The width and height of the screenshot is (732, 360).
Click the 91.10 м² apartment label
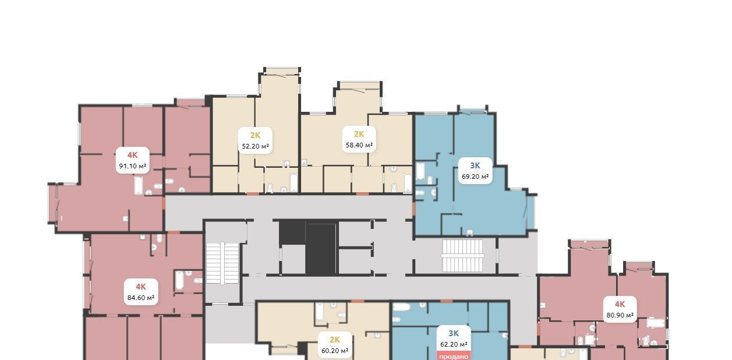(132, 160)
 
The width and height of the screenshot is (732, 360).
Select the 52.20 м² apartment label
(255, 140)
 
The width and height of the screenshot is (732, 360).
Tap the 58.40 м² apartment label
(359, 139)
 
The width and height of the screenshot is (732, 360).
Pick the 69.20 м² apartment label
(475, 171)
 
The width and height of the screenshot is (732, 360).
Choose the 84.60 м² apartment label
(141, 292)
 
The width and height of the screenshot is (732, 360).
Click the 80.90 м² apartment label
(620, 309)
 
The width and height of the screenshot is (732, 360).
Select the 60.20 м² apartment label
(335, 345)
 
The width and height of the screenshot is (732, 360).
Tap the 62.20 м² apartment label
(454, 339)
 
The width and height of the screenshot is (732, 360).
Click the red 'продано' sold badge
(454, 356)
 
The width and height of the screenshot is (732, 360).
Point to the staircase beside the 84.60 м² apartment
(222, 263)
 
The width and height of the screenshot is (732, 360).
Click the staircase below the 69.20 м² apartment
(462, 256)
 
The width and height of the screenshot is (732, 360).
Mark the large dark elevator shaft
(320, 249)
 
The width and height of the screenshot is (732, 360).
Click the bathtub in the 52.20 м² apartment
(293, 182)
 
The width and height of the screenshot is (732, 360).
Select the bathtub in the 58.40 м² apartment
(408, 183)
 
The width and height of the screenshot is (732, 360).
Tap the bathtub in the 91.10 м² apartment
(139, 185)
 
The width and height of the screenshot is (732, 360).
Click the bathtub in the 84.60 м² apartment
(179, 280)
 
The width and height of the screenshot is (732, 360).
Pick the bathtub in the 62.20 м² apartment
(401, 307)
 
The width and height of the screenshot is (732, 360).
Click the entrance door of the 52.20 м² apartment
(252, 194)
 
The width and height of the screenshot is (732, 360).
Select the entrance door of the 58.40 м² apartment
(362, 194)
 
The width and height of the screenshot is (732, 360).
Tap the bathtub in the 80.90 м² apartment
(656, 323)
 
